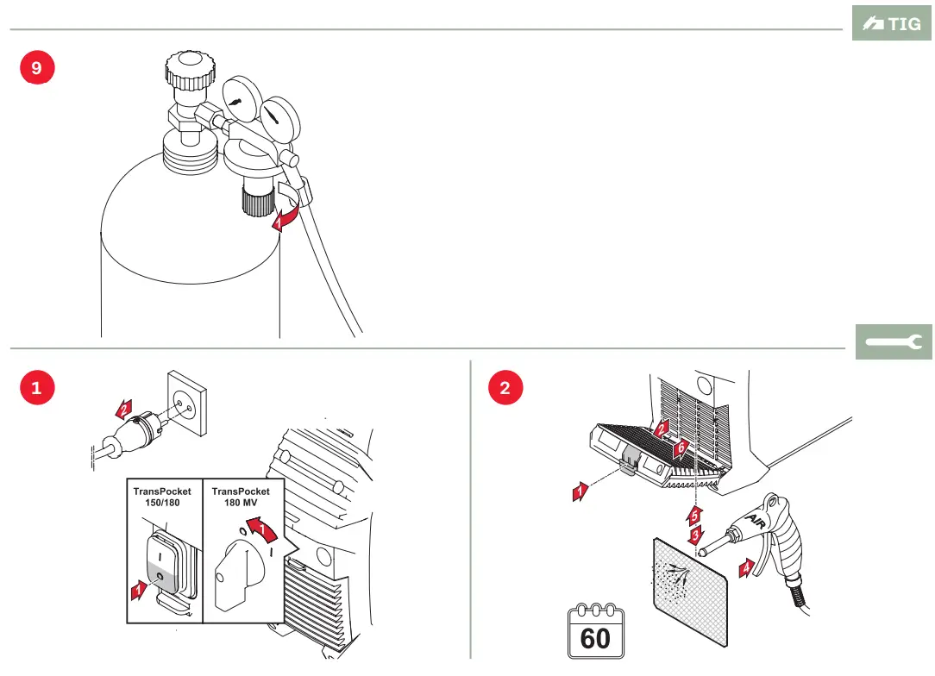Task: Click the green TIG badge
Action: pos(892,23)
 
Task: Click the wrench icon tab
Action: pos(894,342)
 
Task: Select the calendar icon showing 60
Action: pos(595,633)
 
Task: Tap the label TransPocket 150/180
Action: pos(162,497)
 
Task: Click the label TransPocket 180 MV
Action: pos(241,497)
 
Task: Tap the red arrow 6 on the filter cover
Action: pos(681,448)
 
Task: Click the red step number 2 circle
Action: pos(505,388)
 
